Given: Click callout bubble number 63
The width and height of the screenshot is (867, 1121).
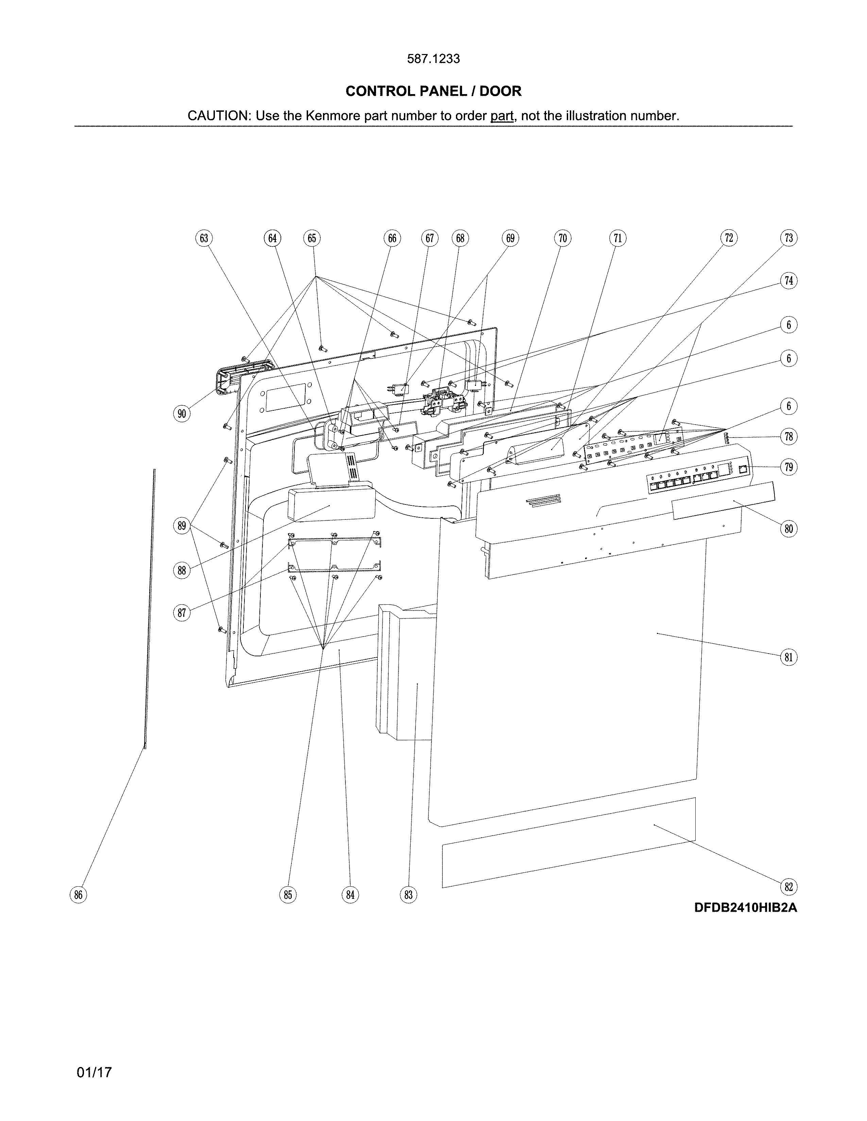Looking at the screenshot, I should pyautogui.click(x=204, y=238).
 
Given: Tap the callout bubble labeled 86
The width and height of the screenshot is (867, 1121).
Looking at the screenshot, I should pyautogui.click(x=78, y=895).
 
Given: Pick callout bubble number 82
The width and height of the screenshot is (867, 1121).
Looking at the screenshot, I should pyautogui.click(x=788, y=886).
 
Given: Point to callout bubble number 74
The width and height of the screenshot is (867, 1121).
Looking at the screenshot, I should pyautogui.click(x=788, y=281).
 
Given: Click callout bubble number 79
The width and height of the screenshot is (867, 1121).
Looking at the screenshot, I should pyautogui.click(x=788, y=467).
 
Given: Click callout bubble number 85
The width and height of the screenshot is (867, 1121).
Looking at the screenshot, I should pyautogui.click(x=288, y=895).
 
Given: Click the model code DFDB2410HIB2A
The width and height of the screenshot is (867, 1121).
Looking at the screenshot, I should pyautogui.click(x=745, y=908).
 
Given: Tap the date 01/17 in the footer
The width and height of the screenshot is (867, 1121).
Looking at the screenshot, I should pyautogui.click(x=94, y=1072).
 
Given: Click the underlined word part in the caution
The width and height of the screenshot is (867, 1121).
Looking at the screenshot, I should pyautogui.click(x=502, y=116).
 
